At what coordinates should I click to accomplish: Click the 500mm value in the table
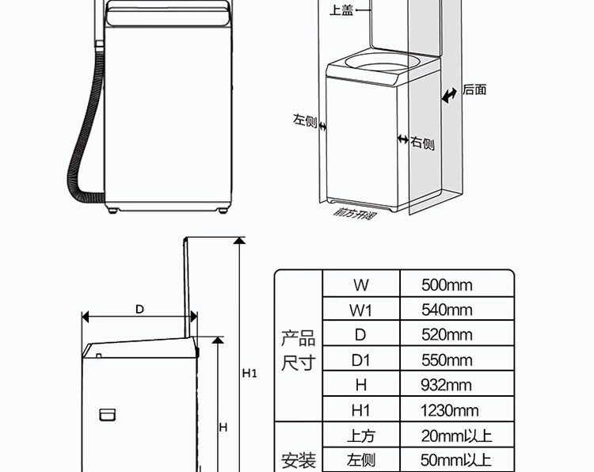446,284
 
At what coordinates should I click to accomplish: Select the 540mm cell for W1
446,310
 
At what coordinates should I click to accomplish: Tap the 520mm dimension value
446,335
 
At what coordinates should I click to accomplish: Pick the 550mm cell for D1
446,360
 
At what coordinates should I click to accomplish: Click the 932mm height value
446,386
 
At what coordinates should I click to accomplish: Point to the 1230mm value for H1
449,411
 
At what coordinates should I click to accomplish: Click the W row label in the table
360,284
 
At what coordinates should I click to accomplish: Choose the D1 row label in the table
360,360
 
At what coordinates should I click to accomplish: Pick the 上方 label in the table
360,436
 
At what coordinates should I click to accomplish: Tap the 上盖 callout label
341,11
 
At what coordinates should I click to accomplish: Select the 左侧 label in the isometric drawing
304,121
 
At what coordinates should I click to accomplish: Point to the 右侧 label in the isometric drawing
422,143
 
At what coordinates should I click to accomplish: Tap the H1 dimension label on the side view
249,373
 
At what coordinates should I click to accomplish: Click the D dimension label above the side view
139,310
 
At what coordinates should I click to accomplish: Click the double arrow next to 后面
450,95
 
